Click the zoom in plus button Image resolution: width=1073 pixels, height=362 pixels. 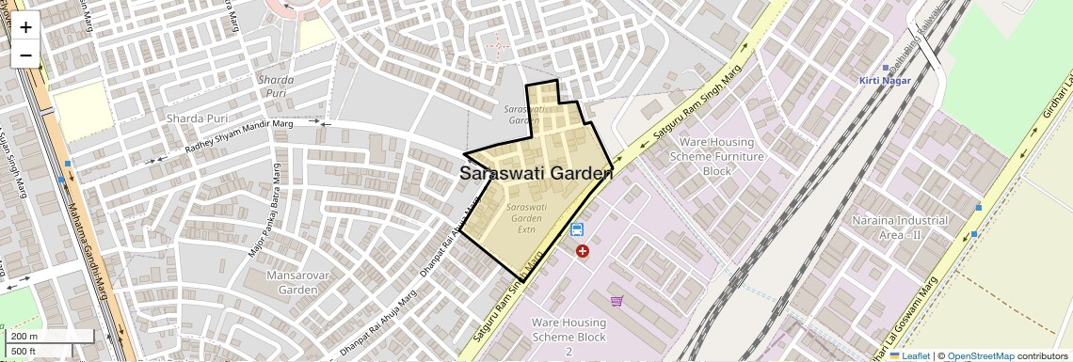click(25, 27)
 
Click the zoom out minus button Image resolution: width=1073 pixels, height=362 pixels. click(25, 55)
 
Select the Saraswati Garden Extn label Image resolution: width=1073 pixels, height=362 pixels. click(526, 217)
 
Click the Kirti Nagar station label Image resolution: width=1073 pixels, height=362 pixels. click(882, 81)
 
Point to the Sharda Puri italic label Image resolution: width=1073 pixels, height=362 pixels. click(276, 87)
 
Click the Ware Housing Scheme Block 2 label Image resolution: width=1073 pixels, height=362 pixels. click(569, 337)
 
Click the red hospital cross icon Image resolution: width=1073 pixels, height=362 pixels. click(583, 251)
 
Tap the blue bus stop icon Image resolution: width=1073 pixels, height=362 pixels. click(576, 229)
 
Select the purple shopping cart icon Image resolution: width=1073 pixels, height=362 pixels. click(617, 301)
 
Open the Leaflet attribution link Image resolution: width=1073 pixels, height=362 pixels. click(909, 355)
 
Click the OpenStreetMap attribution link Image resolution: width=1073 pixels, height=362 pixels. click(980, 355)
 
